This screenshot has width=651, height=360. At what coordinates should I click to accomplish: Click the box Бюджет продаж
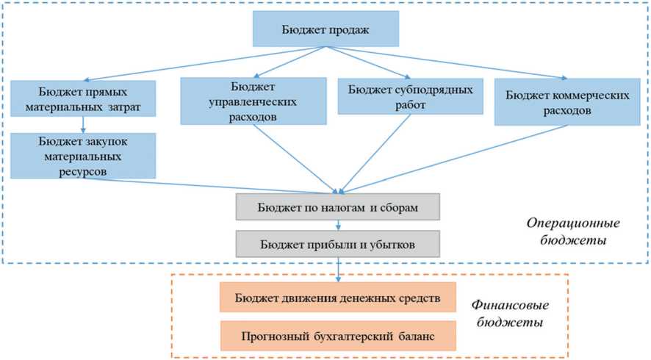coord(325,29)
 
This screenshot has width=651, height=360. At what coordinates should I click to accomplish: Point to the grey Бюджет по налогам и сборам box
coord(338,207)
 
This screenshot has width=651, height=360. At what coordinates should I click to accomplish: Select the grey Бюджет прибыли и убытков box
coord(338,244)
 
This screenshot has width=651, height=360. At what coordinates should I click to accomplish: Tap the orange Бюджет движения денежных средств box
coord(337,298)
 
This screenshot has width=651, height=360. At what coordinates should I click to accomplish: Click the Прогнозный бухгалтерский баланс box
coord(337,335)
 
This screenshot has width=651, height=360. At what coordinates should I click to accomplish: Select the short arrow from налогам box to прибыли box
coord(338,226)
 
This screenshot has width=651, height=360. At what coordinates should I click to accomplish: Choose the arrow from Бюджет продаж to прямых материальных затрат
coord(206,62)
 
